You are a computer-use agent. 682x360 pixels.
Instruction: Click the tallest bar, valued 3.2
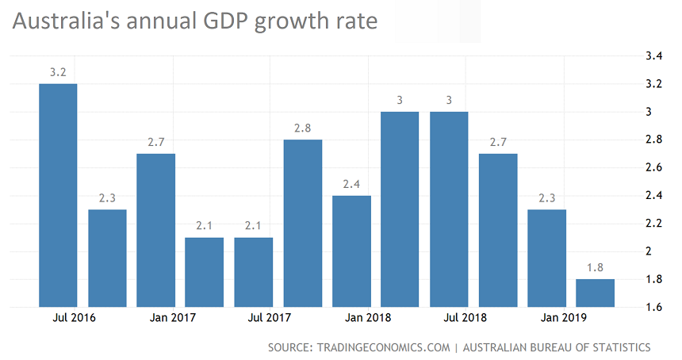click(58, 195)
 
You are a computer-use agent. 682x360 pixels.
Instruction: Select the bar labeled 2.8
click(303, 223)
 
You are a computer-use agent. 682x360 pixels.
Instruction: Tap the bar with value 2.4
click(351, 251)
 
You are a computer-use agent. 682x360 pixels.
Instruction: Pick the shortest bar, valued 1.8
click(595, 293)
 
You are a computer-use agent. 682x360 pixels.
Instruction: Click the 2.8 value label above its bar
click(303, 128)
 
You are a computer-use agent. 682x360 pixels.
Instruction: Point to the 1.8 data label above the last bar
click(595, 267)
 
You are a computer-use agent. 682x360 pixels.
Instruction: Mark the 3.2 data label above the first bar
click(58, 71)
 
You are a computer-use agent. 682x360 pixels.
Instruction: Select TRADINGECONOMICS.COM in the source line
click(385, 347)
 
